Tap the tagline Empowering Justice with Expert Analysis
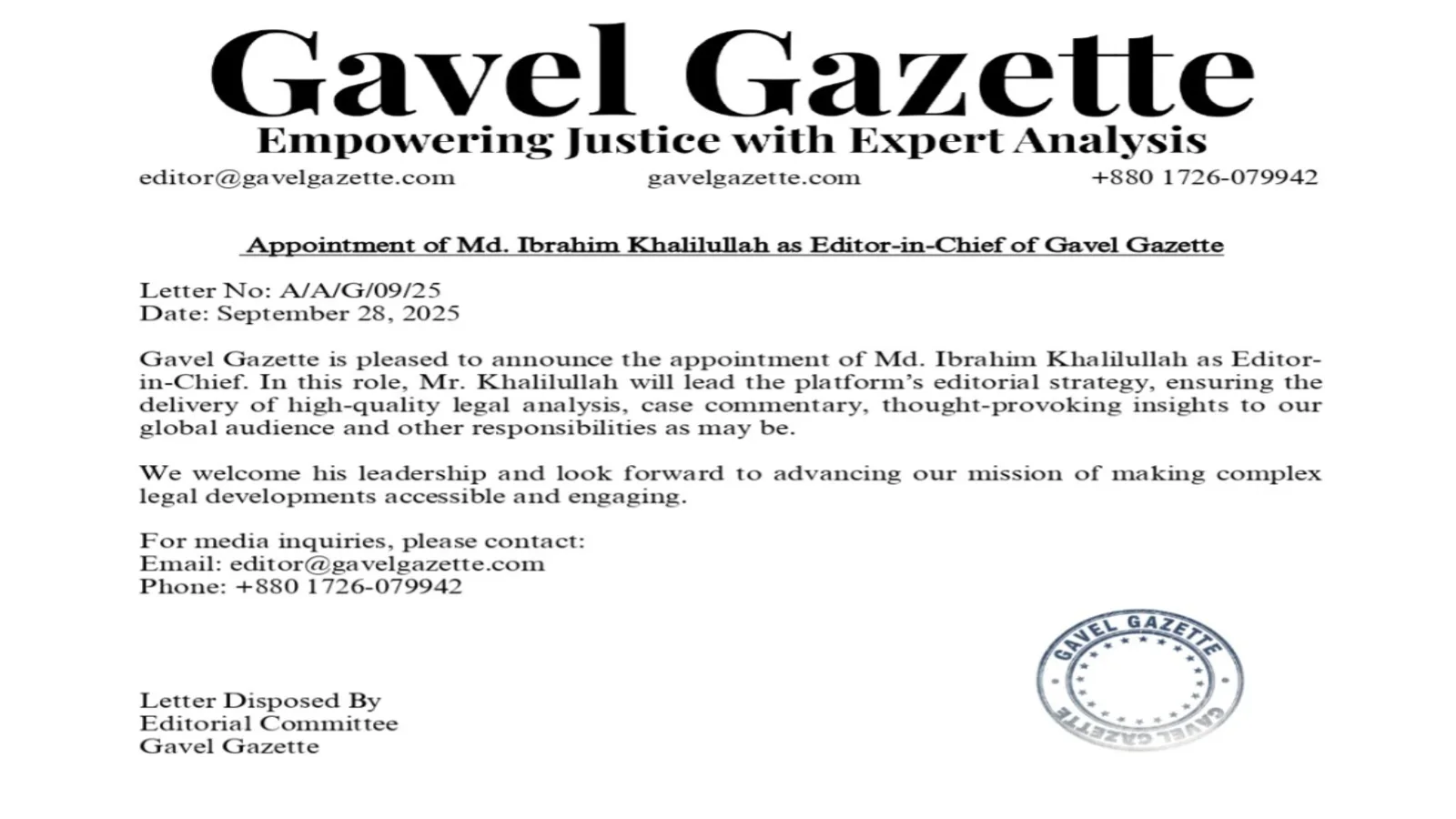pyautogui.click(x=732, y=141)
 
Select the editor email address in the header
pyautogui.click(x=297, y=177)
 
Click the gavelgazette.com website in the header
pyautogui.click(x=753, y=177)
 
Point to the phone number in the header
pyautogui.click(x=1204, y=177)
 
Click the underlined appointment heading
pyautogui.click(x=733, y=245)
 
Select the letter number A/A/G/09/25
pyautogui.click(x=360, y=290)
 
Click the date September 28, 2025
pyautogui.click(x=339, y=314)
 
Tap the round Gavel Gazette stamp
pyautogui.click(x=1139, y=680)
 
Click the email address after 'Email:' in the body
pyautogui.click(x=388, y=563)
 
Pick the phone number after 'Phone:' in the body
pyautogui.click(x=349, y=586)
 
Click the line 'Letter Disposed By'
pyautogui.click(x=260, y=701)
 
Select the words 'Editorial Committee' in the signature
pyautogui.click(x=268, y=723)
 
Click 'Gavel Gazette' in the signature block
pyautogui.click(x=229, y=746)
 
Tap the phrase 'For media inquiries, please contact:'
pyautogui.click(x=362, y=541)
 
